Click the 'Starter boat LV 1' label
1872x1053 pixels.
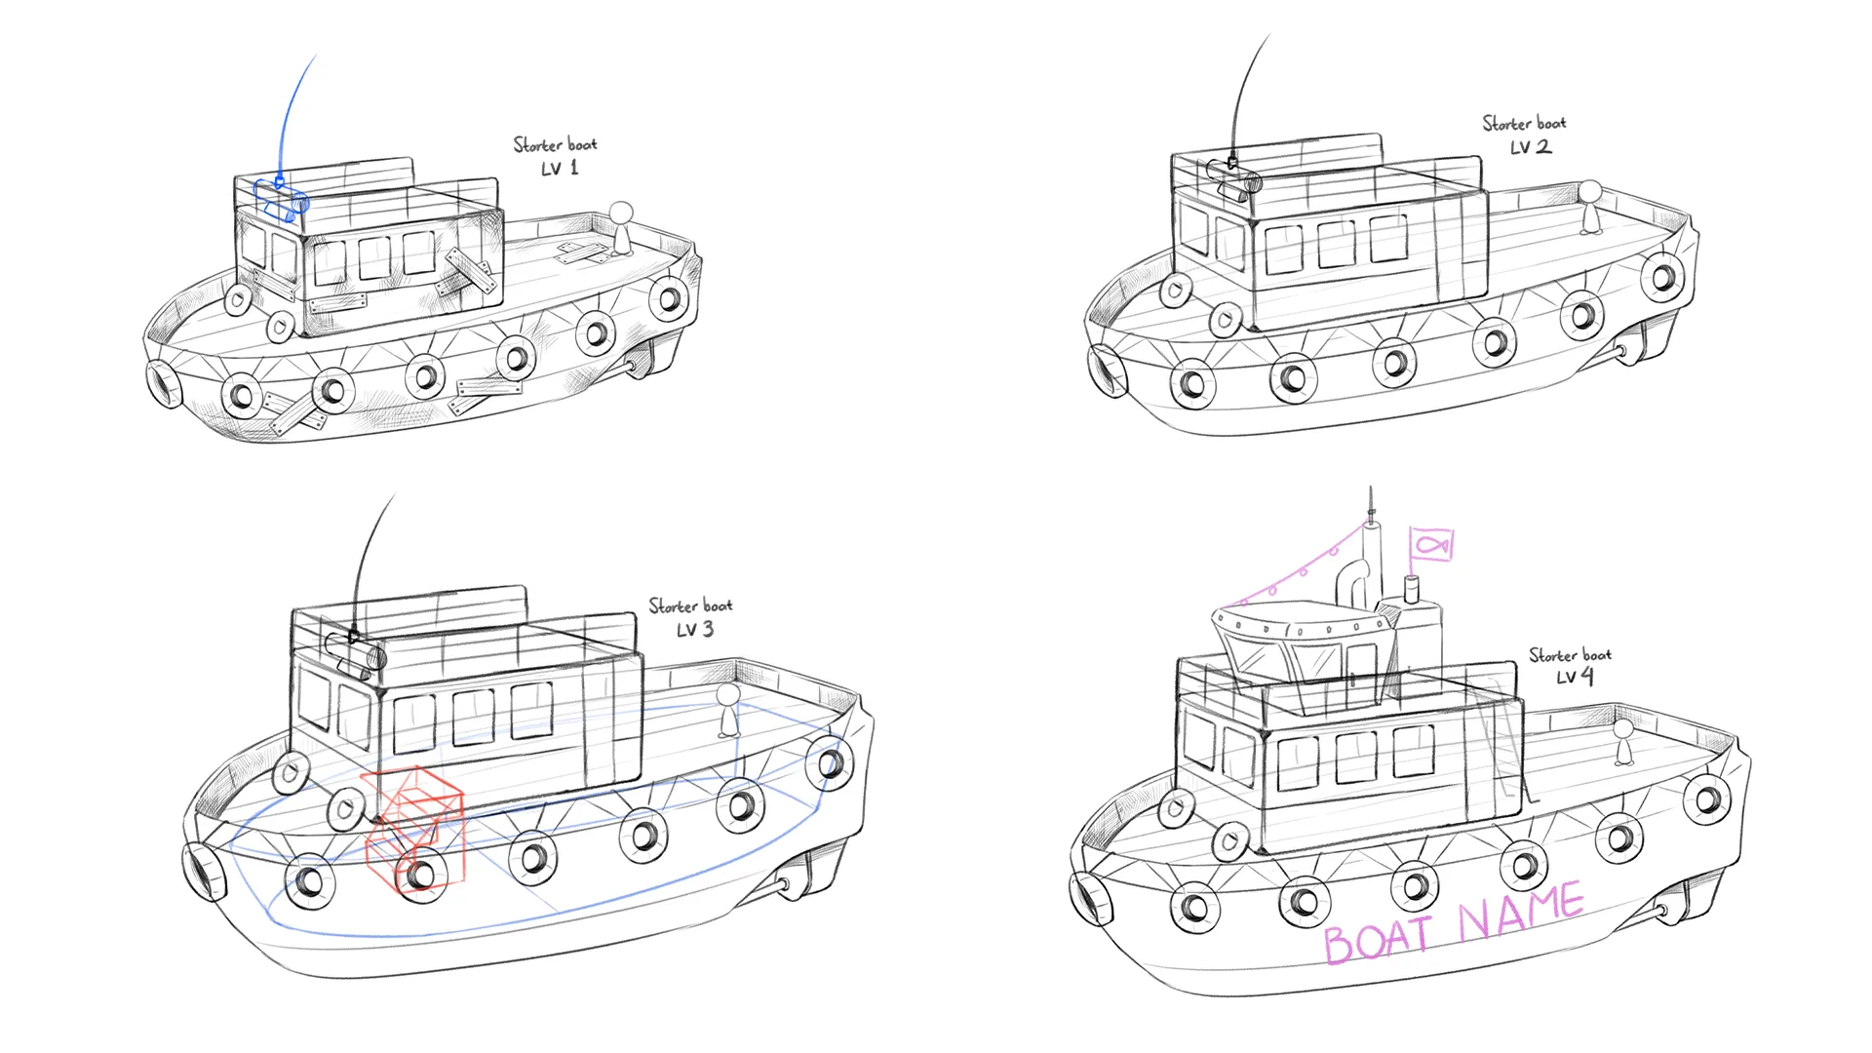point(556,156)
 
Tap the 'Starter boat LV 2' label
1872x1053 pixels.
point(1525,136)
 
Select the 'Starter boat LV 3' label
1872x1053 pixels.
point(691,617)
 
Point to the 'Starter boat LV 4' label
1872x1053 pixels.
point(1571,666)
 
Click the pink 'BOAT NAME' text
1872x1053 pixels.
point(1453,922)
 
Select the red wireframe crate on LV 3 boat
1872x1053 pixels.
point(414,830)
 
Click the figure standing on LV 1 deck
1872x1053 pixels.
point(621,227)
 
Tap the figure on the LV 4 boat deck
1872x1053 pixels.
point(1623,741)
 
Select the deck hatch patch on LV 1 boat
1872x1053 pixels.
point(582,253)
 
